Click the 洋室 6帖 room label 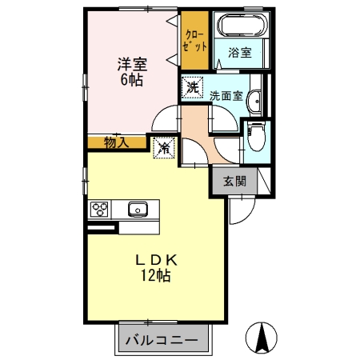coord(133,70)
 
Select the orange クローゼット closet coord(194,42)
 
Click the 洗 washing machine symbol coord(191,86)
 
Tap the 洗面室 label coord(226,94)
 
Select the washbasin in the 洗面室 coord(254,100)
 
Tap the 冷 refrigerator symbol coord(164,147)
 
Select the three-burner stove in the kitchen coord(100,210)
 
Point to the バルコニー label coord(162,340)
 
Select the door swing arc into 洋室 coord(164,118)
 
